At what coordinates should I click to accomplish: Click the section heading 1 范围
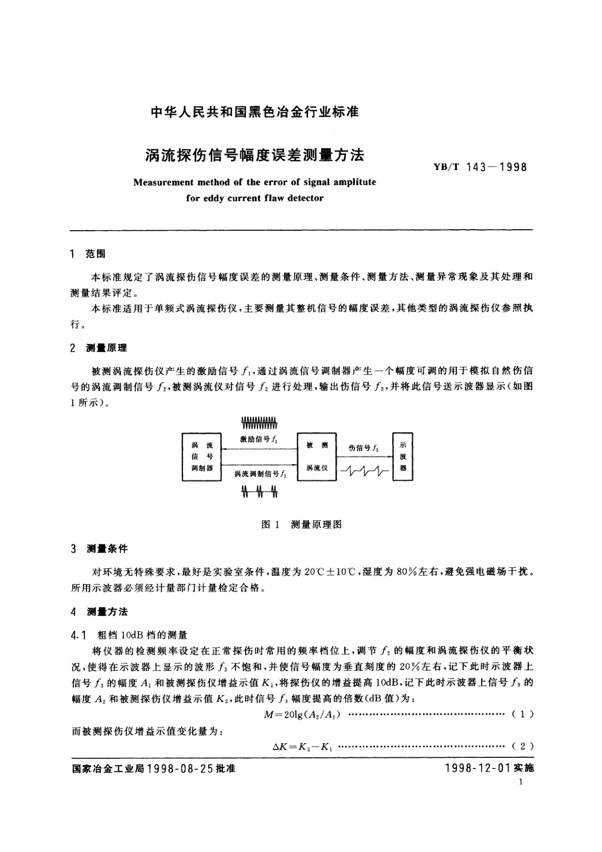88,254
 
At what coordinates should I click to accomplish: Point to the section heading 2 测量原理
99,348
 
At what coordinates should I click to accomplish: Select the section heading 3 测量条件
100,549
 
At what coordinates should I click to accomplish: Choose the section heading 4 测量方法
100,612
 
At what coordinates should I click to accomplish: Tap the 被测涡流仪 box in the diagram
317,457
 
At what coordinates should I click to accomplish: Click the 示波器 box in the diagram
403,457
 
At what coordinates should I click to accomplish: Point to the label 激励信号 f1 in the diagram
258,440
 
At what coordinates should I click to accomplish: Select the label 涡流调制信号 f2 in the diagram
260,474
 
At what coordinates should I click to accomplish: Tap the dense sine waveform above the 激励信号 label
259,421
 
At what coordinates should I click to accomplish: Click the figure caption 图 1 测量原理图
301,524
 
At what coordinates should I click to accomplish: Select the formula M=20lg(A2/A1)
302,714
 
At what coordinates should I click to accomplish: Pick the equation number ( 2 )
523,746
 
